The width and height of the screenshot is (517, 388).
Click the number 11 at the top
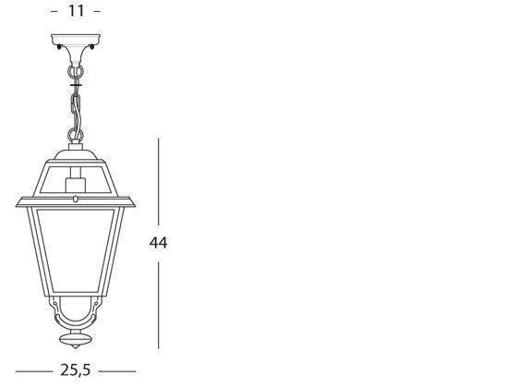[x=76, y=11]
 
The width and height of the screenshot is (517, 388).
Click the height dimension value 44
[x=158, y=243]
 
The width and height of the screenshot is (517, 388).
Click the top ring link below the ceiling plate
[x=76, y=67]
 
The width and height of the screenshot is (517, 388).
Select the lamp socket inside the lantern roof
[x=76, y=189]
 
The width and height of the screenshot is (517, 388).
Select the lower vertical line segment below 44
[x=159, y=305]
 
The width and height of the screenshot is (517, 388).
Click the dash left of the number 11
[x=54, y=12]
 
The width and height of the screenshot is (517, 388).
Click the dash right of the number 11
[x=98, y=12]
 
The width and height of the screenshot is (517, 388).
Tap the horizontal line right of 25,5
[x=117, y=371]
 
